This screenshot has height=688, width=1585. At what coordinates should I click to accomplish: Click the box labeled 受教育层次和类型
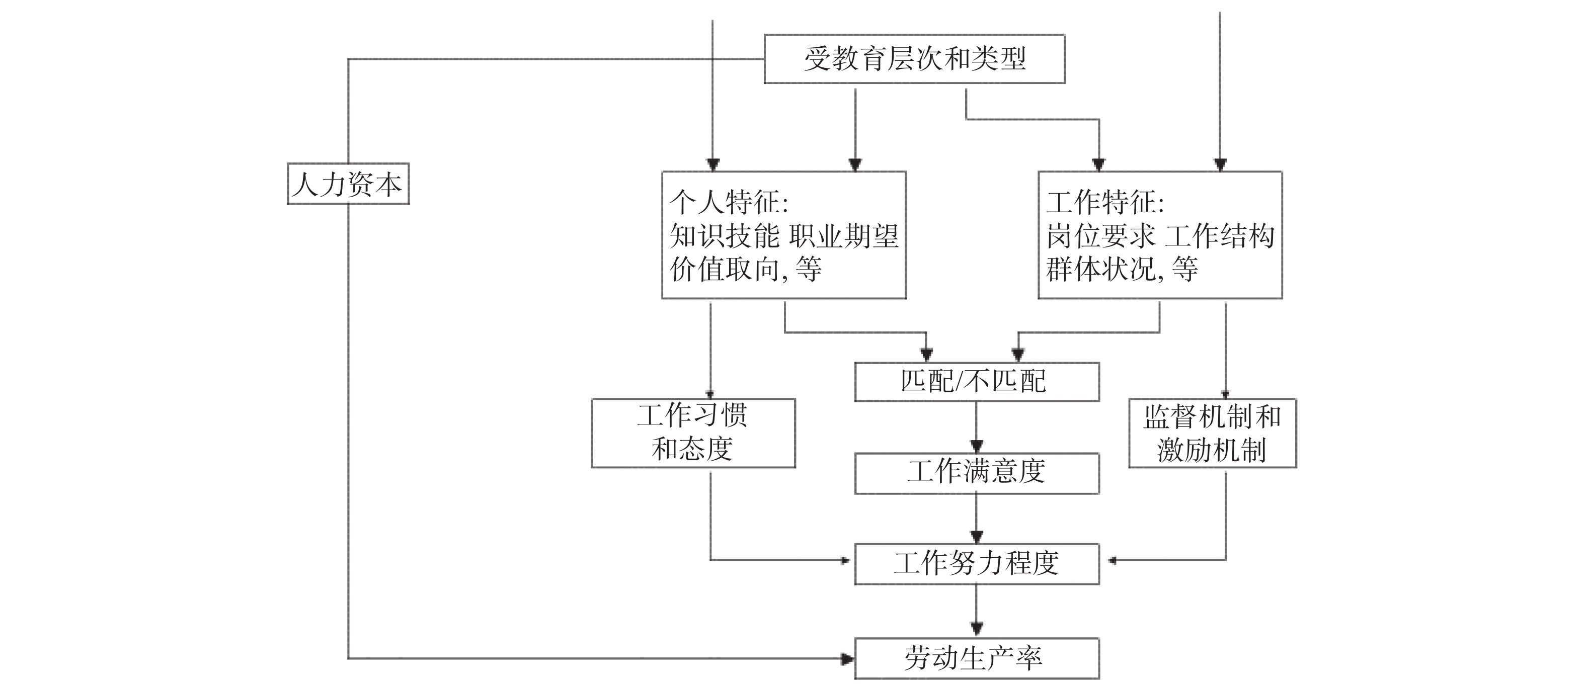914,59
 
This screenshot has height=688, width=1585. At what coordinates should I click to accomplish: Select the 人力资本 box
348,184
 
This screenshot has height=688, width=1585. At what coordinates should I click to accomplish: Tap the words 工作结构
1220,236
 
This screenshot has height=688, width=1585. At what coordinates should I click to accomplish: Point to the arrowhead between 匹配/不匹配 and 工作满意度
977,446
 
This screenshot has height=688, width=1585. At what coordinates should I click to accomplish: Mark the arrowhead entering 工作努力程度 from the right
1111,560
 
